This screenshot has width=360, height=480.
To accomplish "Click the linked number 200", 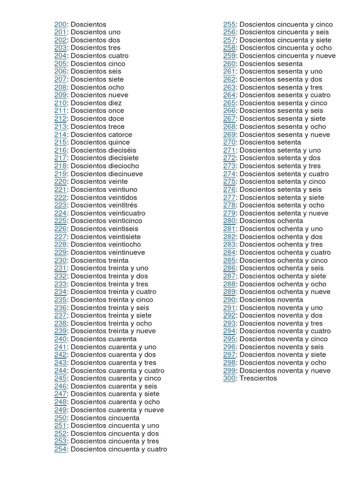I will [x=60, y=24].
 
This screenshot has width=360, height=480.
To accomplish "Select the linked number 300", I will [x=229, y=378].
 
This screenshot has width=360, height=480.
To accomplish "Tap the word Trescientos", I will [x=258, y=378].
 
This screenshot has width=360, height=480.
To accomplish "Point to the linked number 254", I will [x=60, y=449].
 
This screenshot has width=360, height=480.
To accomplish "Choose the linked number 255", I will [x=229, y=24].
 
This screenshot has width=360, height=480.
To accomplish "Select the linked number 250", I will [x=60, y=418].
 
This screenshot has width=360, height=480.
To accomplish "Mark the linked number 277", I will [x=229, y=197].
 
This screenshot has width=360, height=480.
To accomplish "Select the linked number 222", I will [x=60, y=197].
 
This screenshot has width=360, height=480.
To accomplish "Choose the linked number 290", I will [x=229, y=300].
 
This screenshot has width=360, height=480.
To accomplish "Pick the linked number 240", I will [x=60, y=339].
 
